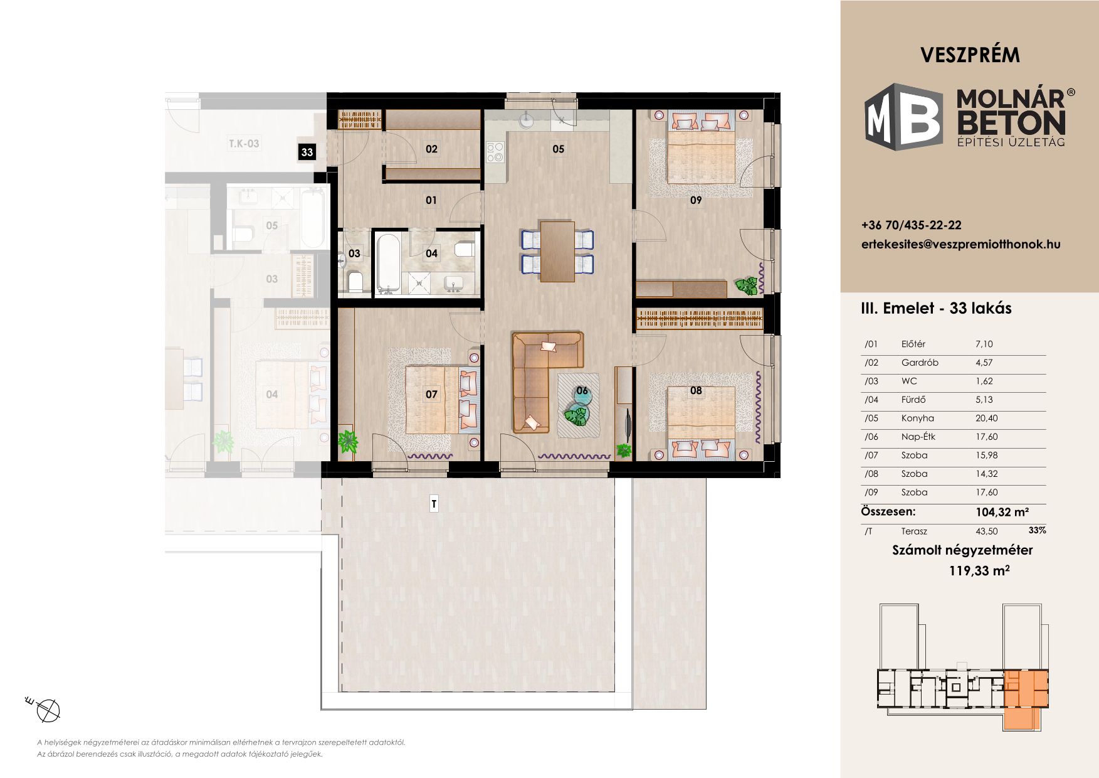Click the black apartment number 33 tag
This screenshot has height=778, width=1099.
(x=307, y=152)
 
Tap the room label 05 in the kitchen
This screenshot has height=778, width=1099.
(x=558, y=149)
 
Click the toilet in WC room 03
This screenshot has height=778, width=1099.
(x=354, y=282)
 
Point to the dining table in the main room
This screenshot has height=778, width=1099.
(x=557, y=252)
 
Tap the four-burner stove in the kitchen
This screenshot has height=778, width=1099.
(x=495, y=151)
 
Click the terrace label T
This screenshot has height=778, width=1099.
(x=434, y=504)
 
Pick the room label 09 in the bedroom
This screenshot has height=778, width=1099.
(x=695, y=200)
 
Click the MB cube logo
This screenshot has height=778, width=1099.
(x=903, y=117)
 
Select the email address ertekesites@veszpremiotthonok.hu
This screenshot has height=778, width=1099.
(x=961, y=245)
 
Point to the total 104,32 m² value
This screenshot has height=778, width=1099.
(x=1002, y=512)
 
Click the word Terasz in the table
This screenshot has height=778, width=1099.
(x=914, y=531)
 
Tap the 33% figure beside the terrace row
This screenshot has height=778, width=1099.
(x=1038, y=530)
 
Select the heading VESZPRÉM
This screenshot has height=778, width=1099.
(x=970, y=55)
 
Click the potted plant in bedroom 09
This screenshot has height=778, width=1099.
(x=747, y=286)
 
